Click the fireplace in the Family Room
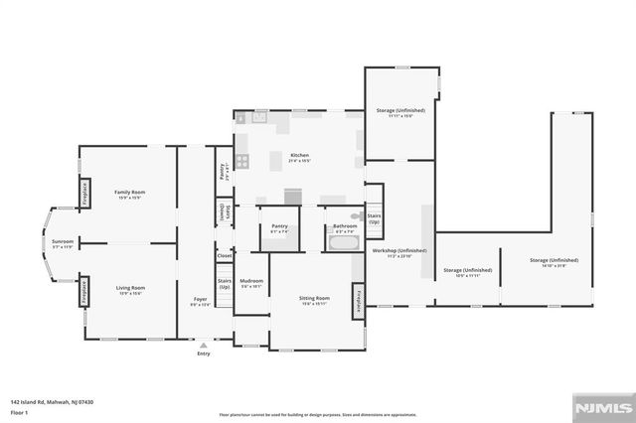85,193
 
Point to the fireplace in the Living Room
85,290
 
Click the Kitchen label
299,156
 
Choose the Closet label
225,255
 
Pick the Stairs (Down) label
225,211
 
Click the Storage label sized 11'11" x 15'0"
400,111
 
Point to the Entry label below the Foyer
203,352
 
